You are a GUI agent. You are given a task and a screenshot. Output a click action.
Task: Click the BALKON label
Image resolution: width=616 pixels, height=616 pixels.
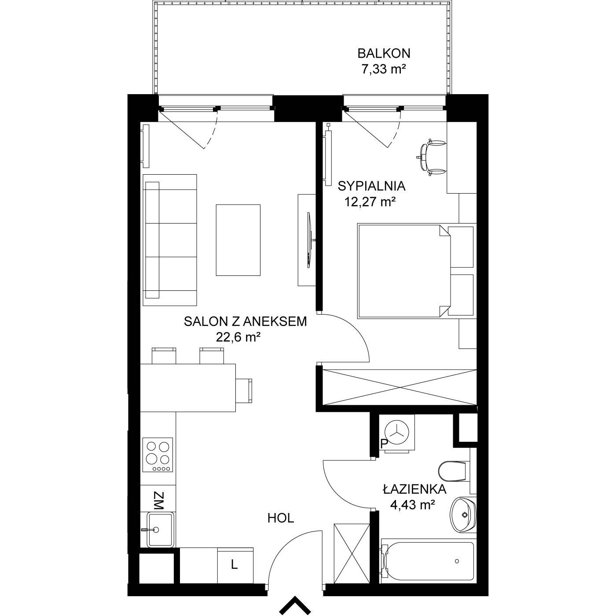click(x=384, y=53)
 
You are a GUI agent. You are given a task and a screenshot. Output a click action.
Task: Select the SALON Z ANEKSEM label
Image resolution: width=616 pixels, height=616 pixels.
click(x=245, y=321)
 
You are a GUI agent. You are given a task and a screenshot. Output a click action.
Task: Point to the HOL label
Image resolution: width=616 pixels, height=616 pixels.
click(x=281, y=518)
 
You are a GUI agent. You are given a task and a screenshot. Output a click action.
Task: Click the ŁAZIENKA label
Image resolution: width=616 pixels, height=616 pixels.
click(x=414, y=489)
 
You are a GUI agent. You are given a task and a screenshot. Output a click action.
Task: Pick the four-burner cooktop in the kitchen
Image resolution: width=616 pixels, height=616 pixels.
click(x=158, y=455)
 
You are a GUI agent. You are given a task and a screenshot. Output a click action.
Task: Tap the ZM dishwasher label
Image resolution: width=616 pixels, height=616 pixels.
click(x=158, y=501)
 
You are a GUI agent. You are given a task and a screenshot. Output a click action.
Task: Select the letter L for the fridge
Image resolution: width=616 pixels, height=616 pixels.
click(x=235, y=574)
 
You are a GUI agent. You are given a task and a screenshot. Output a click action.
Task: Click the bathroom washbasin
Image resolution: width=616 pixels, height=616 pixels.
click(x=463, y=515)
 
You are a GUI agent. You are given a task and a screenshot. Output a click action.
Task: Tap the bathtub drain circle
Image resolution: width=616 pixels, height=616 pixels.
click(x=457, y=561)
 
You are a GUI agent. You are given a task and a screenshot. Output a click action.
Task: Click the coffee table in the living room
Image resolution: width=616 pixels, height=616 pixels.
click(x=238, y=240)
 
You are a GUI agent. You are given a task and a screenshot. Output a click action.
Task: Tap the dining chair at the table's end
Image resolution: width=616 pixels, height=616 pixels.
click(x=244, y=391)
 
